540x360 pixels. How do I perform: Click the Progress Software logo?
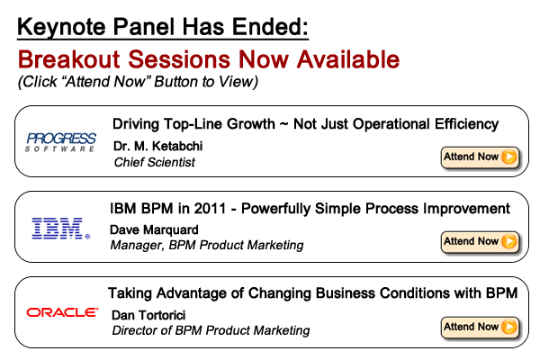pyautogui.click(x=61, y=142)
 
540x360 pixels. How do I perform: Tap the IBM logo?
pyautogui.click(x=61, y=228)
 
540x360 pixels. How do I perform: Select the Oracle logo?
pyautogui.click(x=62, y=312)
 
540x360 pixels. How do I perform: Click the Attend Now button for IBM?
pyautogui.click(x=480, y=241)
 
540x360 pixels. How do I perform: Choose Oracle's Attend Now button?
pyautogui.click(x=480, y=327)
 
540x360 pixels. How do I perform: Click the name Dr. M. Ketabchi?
pyautogui.click(x=157, y=146)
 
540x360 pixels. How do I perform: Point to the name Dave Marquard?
pyautogui.click(x=154, y=229)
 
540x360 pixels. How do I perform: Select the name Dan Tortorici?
pyautogui.click(x=148, y=315)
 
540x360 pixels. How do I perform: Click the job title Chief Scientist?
pyautogui.click(x=155, y=162)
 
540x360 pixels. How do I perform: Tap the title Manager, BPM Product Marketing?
pyautogui.click(x=207, y=246)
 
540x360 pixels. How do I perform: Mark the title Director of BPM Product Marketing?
pyautogui.click(x=211, y=330)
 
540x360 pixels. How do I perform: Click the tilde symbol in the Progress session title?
pyautogui.click(x=283, y=124)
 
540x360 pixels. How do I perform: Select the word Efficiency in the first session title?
pyautogui.click(x=466, y=124)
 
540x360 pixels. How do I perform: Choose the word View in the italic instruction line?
pyautogui.click(x=238, y=82)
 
